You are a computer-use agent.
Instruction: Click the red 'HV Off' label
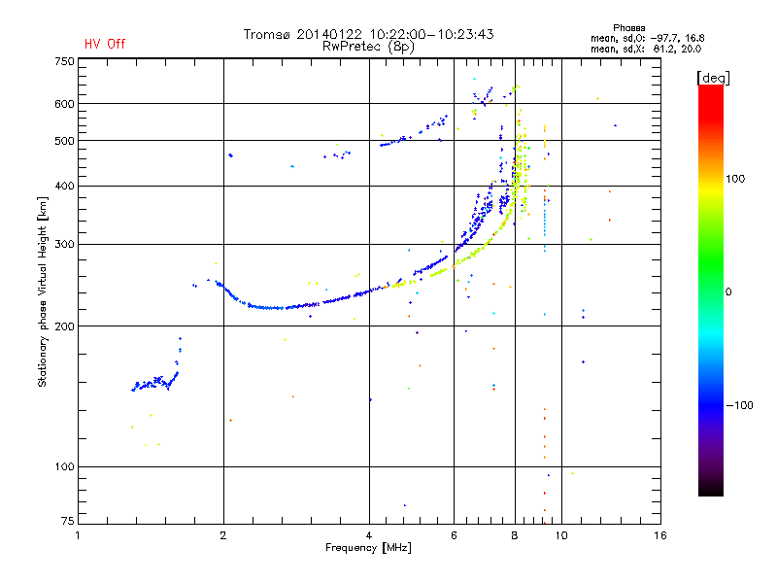pos(105,44)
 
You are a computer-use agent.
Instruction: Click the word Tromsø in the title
pos(266,35)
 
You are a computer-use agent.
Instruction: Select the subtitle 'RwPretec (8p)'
pos(368,47)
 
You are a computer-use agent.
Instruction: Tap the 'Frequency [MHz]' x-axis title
pos(368,548)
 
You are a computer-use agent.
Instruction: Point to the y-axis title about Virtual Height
pos(42,292)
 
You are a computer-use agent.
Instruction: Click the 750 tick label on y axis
pos(64,61)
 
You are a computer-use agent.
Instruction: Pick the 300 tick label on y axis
pos(64,244)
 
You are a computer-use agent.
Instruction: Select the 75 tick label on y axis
pos(68,521)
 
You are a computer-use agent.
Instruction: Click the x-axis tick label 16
pos(660,535)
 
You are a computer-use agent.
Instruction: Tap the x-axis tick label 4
pos(369,535)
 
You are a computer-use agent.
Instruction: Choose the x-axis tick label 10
pos(561,535)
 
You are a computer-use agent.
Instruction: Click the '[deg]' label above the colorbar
pos(713,78)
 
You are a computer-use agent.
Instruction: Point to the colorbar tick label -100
pos(740,405)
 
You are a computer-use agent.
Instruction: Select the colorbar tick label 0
pos(728,292)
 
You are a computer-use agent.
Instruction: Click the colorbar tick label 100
pos(735,179)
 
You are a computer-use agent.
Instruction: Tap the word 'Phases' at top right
pos(628,28)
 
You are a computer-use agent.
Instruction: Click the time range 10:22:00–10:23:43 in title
pos(431,35)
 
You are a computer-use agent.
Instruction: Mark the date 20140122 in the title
pos(329,35)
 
